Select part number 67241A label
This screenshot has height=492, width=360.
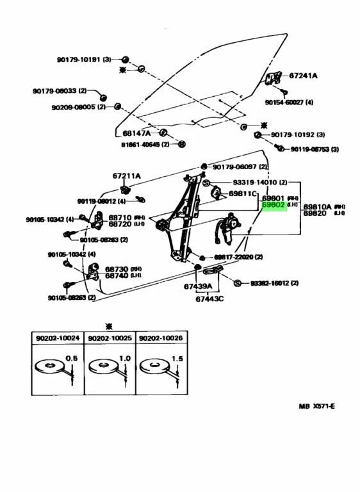point(303,76)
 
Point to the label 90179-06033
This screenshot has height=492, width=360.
point(54,92)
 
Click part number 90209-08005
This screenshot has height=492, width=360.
point(73,107)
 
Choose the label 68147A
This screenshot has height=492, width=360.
point(136,133)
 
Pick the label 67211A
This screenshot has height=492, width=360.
point(127,176)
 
